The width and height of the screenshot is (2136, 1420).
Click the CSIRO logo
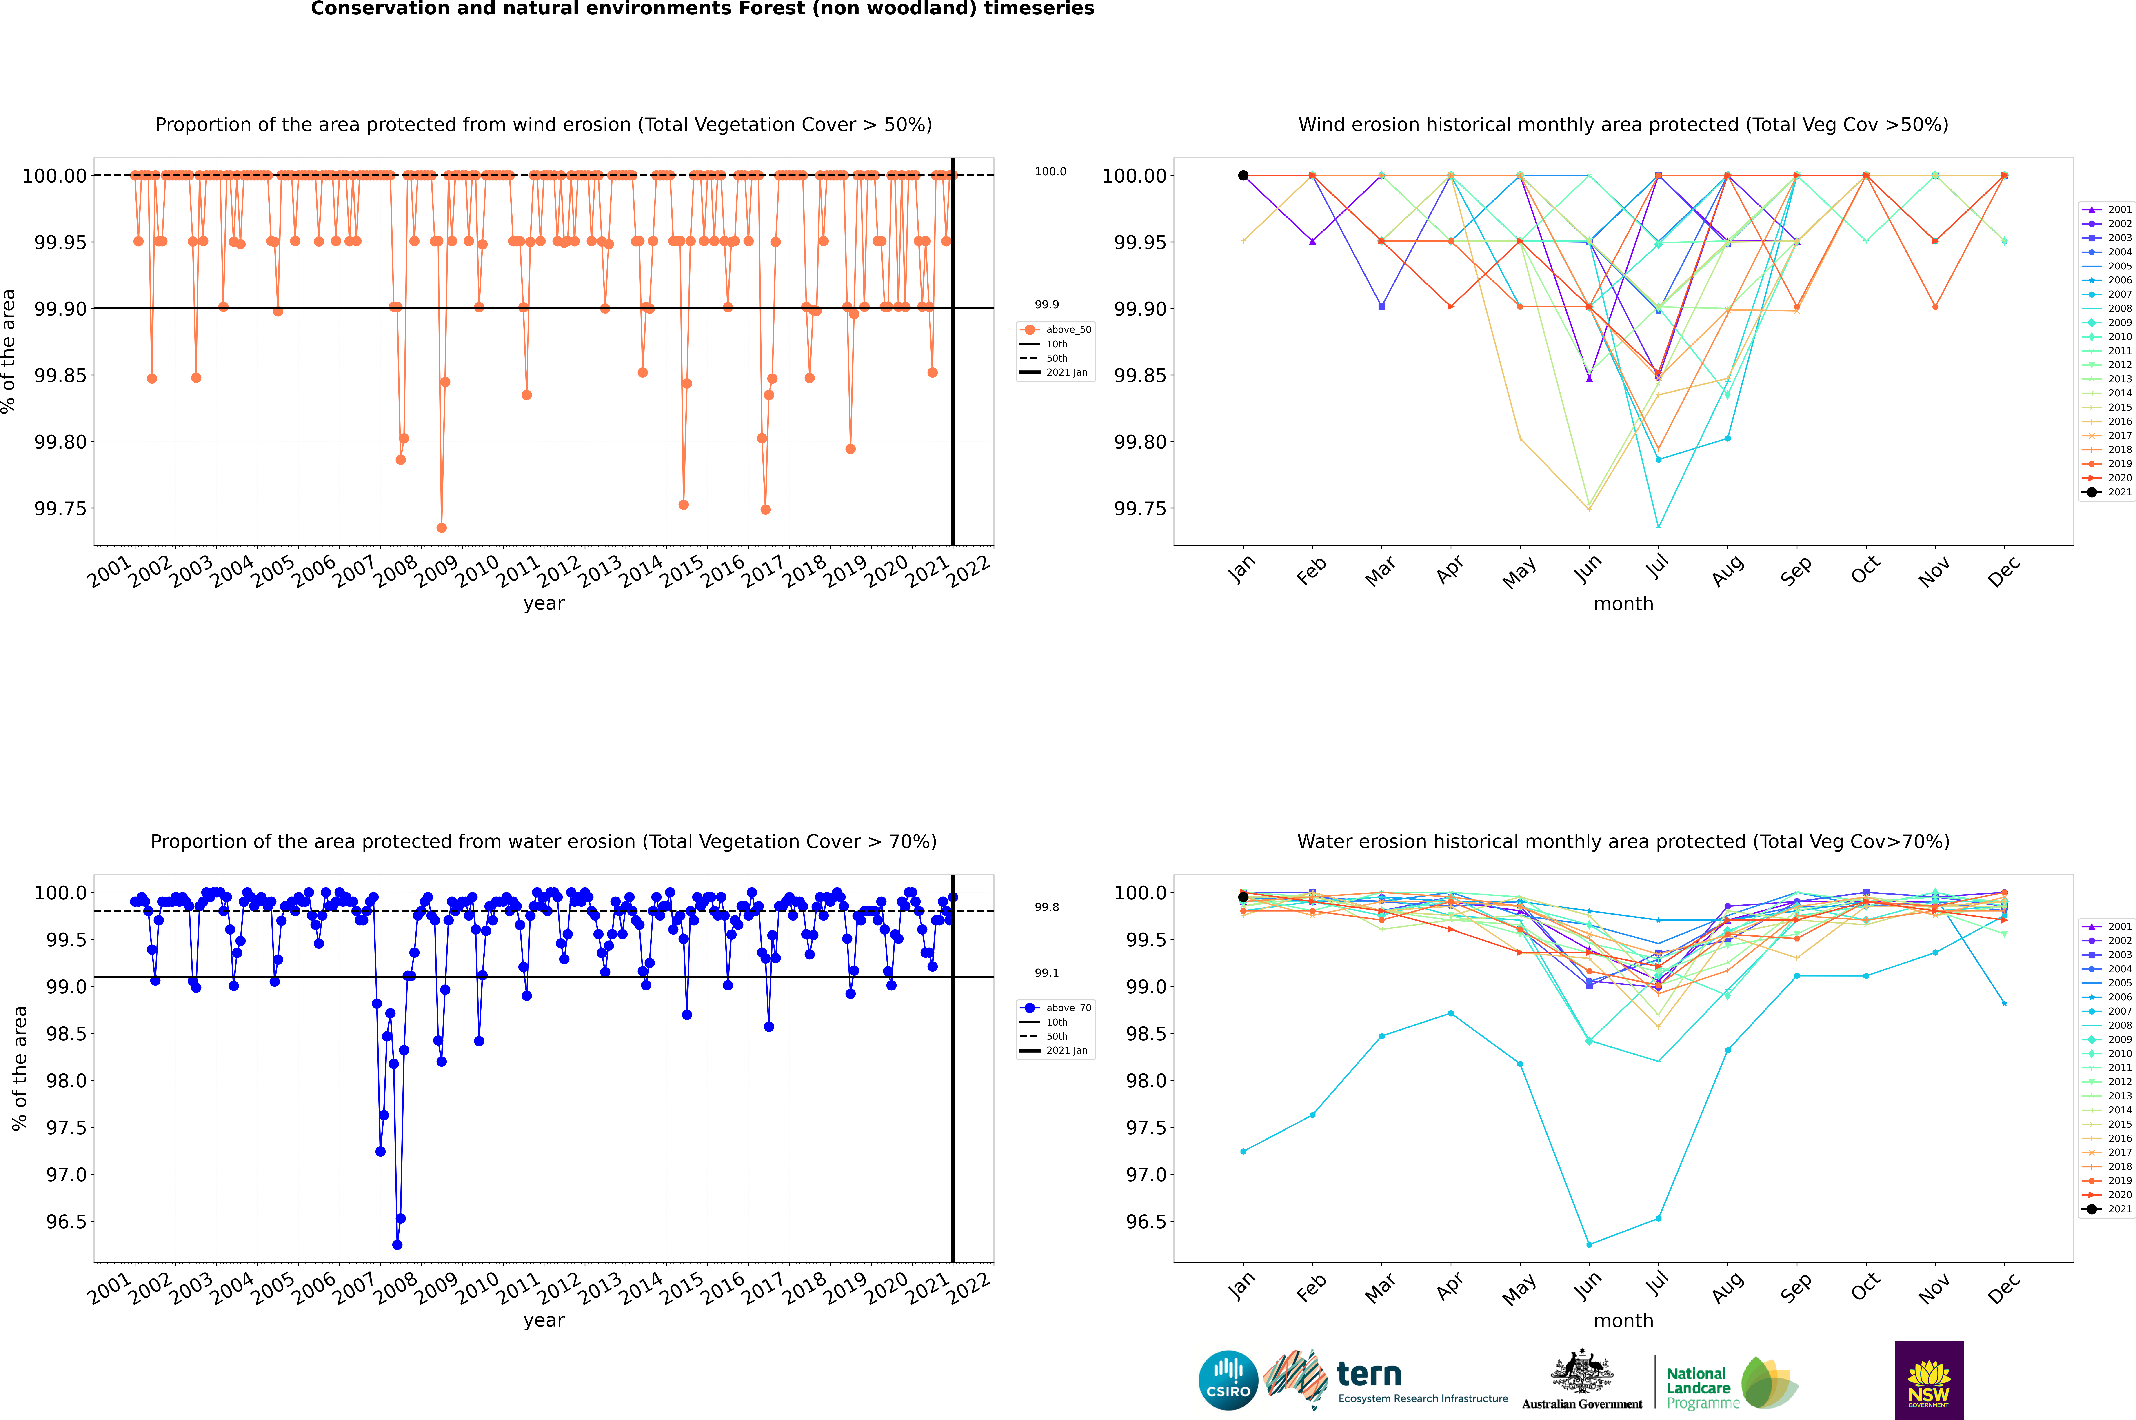pyautogui.click(x=1228, y=1380)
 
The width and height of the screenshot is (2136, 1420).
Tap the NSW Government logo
pyautogui.click(x=1929, y=1380)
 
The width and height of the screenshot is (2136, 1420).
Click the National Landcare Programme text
pyautogui.click(x=1698, y=1387)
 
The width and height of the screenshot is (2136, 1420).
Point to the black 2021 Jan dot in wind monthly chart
pyautogui.click(x=1243, y=176)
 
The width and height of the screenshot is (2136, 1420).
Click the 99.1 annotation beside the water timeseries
pyautogui.click(x=1047, y=973)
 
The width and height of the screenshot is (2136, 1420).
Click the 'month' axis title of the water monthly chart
pyautogui.click(x=1623, y=1320)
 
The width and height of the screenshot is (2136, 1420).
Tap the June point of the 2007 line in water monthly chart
pyautogui.click(x=1589, y=1244)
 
